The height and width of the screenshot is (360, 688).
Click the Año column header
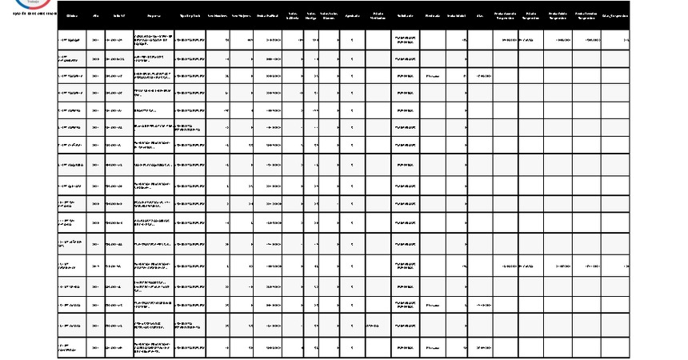click(97, 15)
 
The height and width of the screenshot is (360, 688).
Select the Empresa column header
click(153, 15)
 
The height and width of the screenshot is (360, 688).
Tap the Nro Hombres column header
click(218, 15)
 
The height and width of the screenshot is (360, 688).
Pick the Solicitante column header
click(406, 15)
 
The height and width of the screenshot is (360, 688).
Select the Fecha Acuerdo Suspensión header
click(506, 15)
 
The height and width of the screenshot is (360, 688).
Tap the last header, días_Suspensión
click(615, 15)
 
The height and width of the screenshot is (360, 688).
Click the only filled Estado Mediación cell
click(374, 326)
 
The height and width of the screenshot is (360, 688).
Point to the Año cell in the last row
click(97, 348)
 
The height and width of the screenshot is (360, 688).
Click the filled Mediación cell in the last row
click(432, 348)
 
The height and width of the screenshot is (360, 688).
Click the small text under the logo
click(29, 13)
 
